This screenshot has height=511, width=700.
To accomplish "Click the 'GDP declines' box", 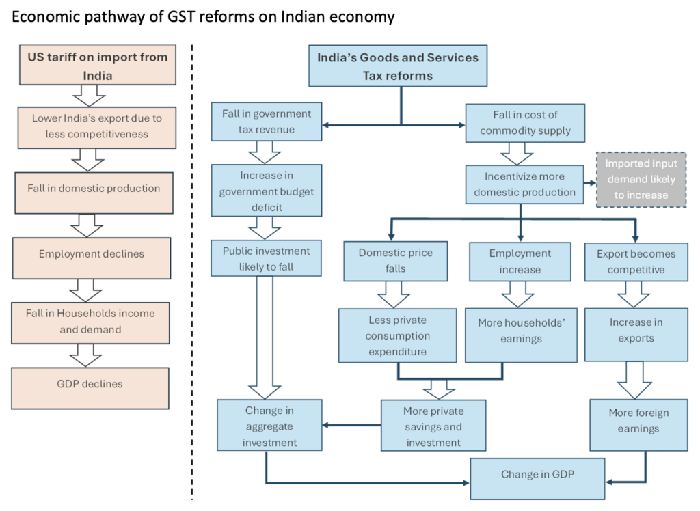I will click(90, 385).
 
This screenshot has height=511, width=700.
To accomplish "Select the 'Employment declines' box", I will click(90, 254).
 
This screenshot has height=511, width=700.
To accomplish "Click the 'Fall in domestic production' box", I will click(90, 189).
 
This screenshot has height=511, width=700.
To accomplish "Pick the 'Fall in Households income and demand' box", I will click(90, 321).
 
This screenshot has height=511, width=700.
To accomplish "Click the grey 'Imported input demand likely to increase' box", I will click(641, 180).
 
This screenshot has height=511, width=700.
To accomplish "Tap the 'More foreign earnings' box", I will click(638, 422).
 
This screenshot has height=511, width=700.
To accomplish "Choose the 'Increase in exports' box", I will click(636, 331).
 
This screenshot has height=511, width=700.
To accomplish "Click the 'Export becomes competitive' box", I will click(636, 262).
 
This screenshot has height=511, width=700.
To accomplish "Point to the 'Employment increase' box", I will click(520, 262).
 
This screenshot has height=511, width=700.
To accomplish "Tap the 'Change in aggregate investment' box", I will click(269, 427).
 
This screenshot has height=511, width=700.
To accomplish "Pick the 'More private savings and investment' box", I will click(433, 427).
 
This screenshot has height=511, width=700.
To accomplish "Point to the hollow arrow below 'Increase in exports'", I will click(635, 380).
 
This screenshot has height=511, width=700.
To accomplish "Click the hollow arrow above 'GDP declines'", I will click(90, 355).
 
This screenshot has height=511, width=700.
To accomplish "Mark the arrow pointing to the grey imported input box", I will click(588, 184).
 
